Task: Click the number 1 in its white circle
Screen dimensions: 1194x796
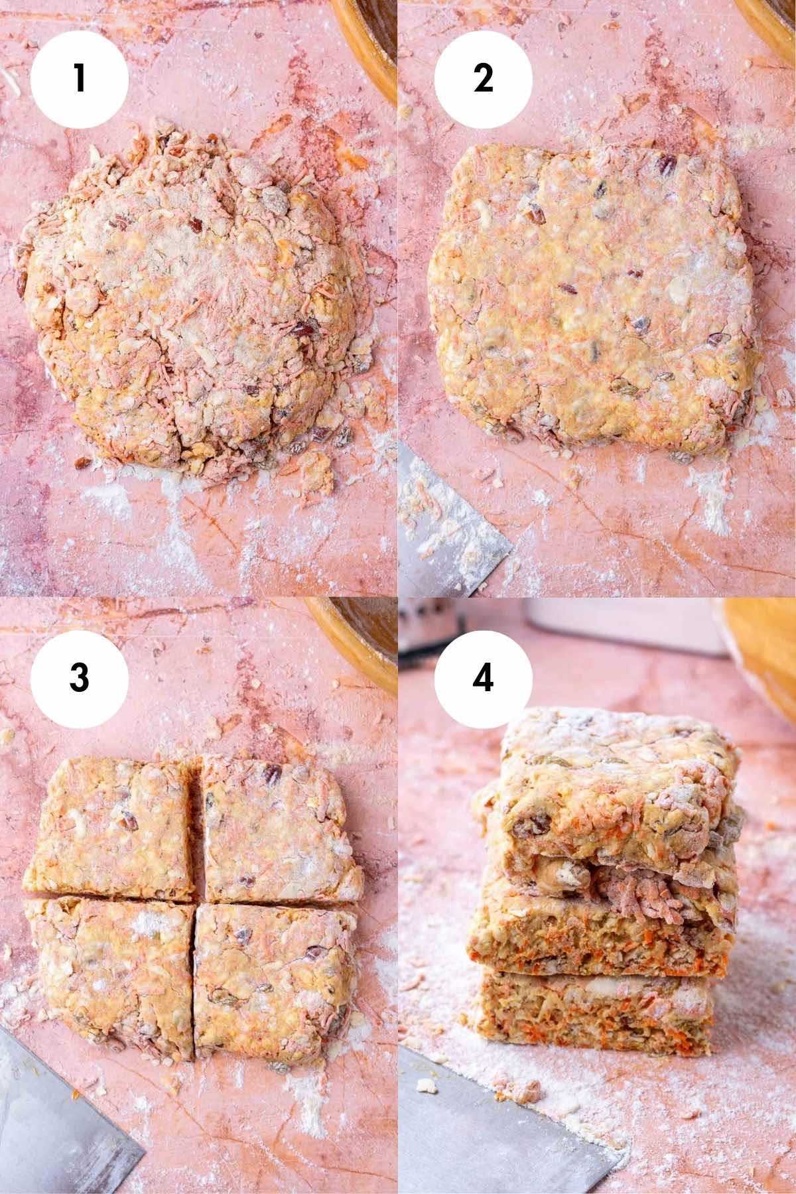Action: [80, 79]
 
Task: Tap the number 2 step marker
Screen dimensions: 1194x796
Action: [483, 79]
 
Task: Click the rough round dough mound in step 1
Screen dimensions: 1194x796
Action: [192, 298]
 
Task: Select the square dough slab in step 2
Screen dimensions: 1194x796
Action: [590, 292]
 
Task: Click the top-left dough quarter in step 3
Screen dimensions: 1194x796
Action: [113, 829]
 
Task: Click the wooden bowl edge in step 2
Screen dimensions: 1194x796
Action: [769, 17]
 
